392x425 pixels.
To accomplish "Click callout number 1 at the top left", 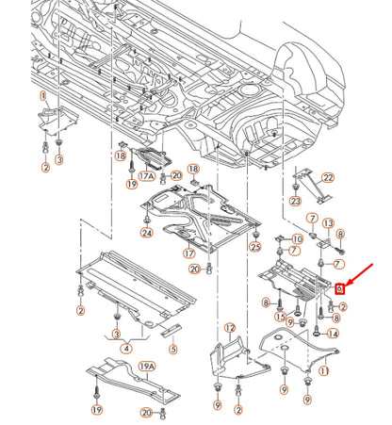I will [42, 96].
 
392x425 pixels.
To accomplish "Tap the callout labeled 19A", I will [147, 367].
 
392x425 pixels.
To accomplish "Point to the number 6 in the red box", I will [339, 290].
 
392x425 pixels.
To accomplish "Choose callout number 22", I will [328, 177].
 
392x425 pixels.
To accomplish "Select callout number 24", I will [146, 233].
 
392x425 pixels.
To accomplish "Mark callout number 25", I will [254, 247].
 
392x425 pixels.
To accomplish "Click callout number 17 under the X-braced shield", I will [189, 253].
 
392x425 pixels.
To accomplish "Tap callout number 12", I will [229, 328].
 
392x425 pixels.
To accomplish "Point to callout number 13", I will [328, 222].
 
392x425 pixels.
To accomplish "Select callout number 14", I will [334, 334].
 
